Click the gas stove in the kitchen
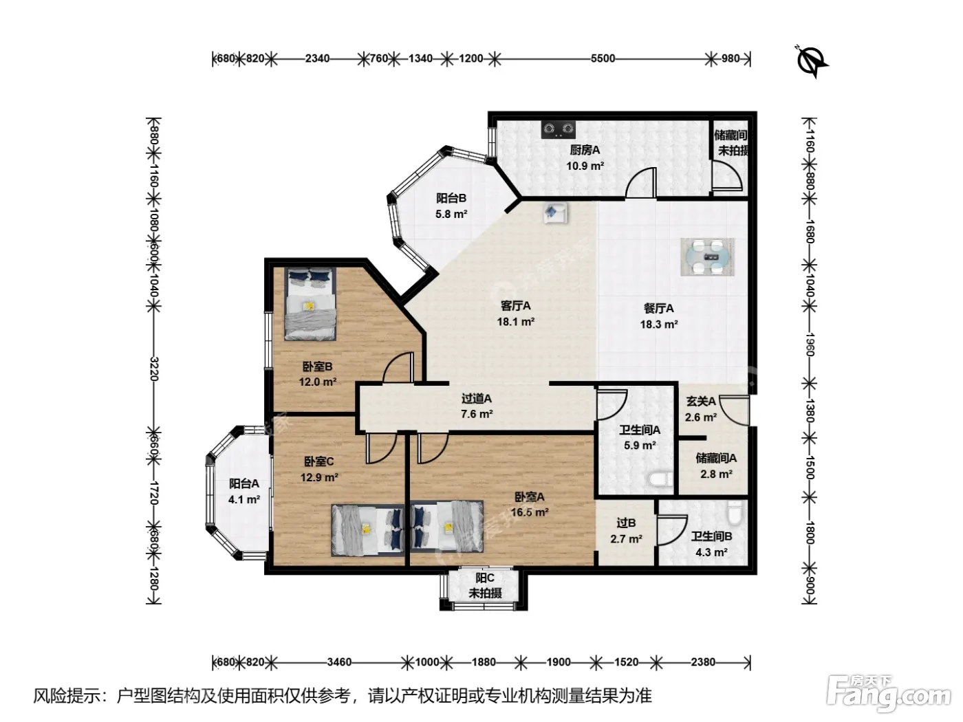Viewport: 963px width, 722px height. click(x=558, y=129)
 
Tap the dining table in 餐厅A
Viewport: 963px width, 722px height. click(x=707, y=257)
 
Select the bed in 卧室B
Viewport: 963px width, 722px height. click(x=310, y=304)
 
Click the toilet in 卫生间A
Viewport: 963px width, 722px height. click(x=660, y=479)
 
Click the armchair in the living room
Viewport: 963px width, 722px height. click(x=555, y=213)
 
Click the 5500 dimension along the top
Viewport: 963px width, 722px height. click(x=603, y=58)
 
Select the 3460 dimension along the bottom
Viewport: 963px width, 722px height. click(x=339, y=661)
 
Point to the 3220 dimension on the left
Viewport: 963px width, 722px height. click(x=153, y=369)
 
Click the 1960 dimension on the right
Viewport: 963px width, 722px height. click(x=810, y=344)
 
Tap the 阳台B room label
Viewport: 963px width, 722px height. click(x=451, y=199)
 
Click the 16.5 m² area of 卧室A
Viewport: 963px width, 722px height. click(x=530, y=512)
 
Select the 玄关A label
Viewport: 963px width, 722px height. click(x=701, y=401)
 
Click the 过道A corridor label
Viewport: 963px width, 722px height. click(x=477, y=399)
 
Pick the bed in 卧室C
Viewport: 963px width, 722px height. click(x=367, y=530)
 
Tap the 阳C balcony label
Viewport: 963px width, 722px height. click(x=485, y=578)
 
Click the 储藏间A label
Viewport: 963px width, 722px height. click(x=716, y=458)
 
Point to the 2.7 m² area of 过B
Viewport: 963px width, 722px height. click(x=626, y=539)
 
